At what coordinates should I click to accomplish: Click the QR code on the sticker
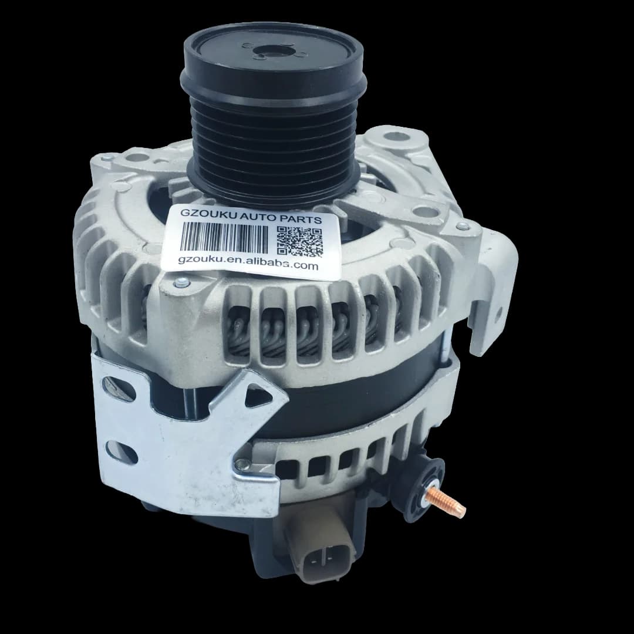pos(300,242)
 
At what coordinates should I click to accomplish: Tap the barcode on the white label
pos(224,237)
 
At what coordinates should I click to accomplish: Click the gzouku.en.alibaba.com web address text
pos(248,263)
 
